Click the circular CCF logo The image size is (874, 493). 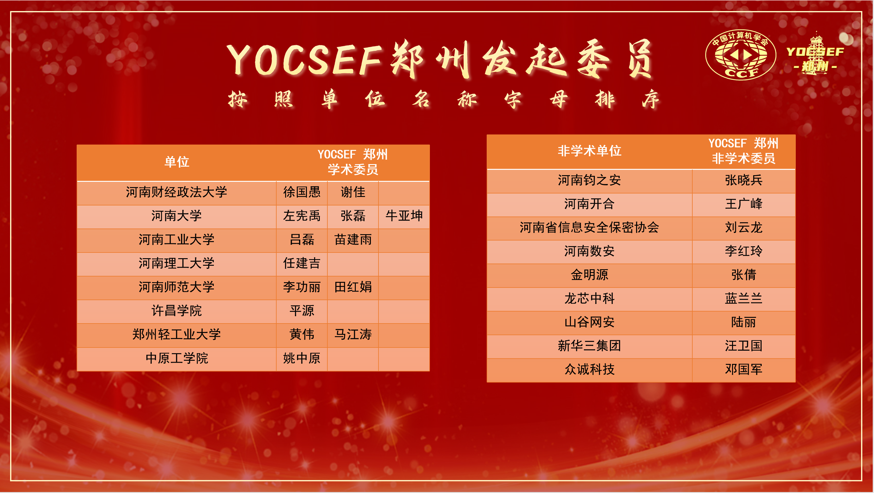pyautogui.click(x=740, y=55)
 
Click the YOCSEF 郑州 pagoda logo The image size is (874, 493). pyautogui.click(x=815, y=54)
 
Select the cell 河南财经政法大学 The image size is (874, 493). pyautogui.click(x=176, y=192)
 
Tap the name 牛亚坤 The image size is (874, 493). pyautogui.click(x=404, y=216)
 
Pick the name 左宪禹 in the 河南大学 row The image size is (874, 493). pyautogui.click(x=302, y=216)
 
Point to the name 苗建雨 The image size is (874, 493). pyautogui.click(x=353, y=239)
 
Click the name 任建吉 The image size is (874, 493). pyautogui.click(x=302, y=263)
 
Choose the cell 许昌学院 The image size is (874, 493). pyautogui.click(x=176, y=311)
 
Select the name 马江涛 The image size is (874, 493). pyautogui.click(x=353, y=335)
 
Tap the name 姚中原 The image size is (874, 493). pyautogui.click(x=302, y=358)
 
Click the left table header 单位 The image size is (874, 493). pyautogui.click(x=176, y=162)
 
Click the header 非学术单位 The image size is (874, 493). pyautogui.click(x=589, y=151)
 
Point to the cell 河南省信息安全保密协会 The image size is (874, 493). pyautogui.click(x=589, y=228)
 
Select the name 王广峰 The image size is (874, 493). pyautogui.click(x=743, y=204)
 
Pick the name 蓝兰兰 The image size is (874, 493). pyautogui.click(x=743, y=299)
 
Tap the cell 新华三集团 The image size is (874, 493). pyautogui.click(x=589, y=346)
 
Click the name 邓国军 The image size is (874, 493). pyautogui.click(x=743, y=369)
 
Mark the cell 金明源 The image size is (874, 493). pyautogui.click(x=589, y=275)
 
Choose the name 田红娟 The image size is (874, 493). pyautogui.click(x=353, y=287)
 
